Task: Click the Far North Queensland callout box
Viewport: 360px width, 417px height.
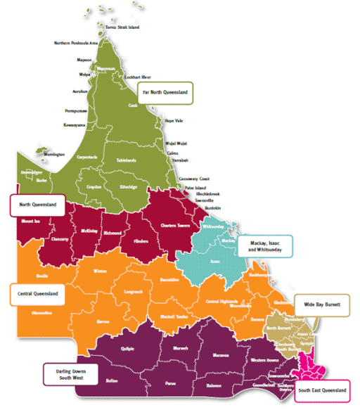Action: pos(166,92)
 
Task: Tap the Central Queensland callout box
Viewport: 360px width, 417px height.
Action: pos(36,293)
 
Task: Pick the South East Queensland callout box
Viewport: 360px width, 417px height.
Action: pos(321,390)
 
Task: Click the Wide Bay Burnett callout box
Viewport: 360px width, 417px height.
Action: pos(322,307)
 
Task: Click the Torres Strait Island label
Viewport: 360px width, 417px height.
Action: pos(122,27)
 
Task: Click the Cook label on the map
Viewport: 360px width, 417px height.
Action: pos(132,105)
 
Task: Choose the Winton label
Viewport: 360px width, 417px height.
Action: pos(98,270)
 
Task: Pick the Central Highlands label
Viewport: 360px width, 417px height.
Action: pos(221,302)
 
